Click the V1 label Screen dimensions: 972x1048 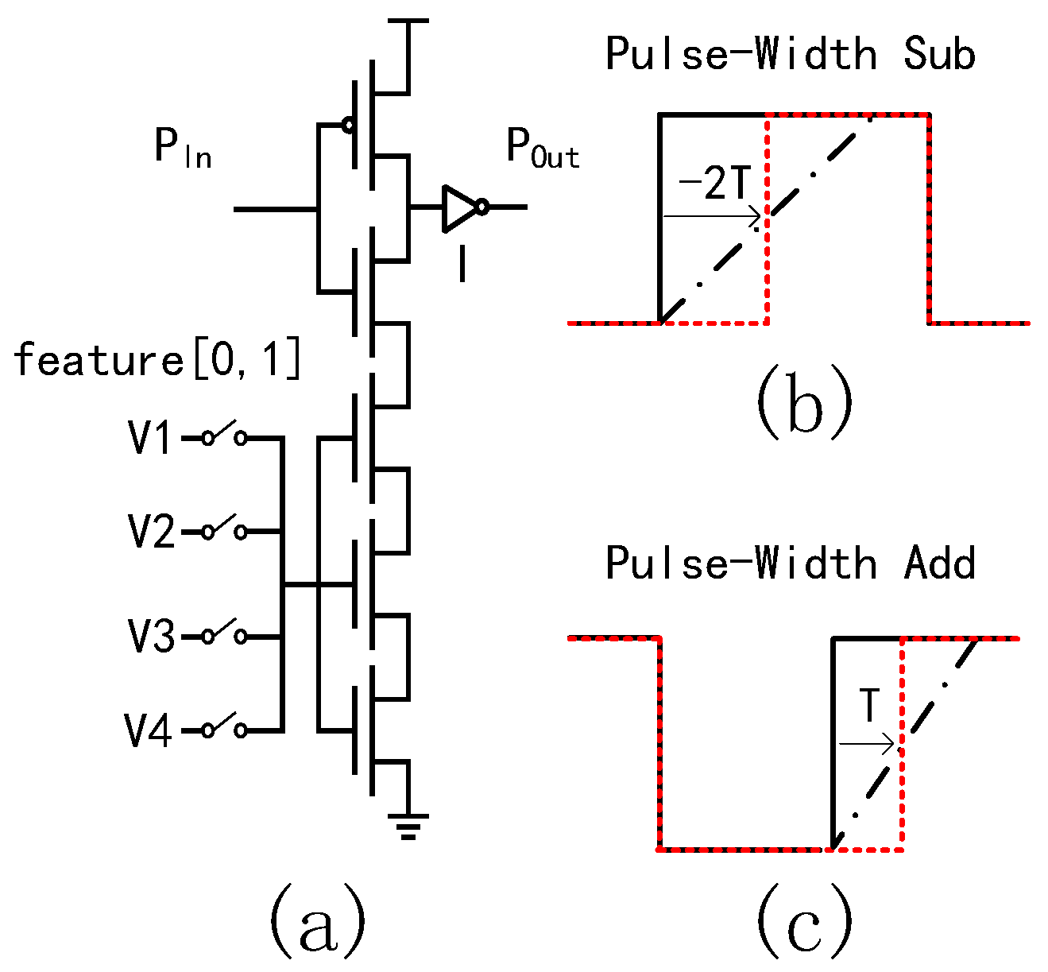tap(150, 438)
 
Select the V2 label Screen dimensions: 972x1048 tap(152, 532)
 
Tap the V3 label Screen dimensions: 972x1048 tap(152, 637)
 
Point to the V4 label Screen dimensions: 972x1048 tap(149, 730)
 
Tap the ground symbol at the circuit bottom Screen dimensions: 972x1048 tap(408, 827)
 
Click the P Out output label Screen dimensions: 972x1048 tap(543, 149)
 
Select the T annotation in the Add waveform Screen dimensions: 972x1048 tap(870, 706)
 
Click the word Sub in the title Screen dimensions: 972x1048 tap(938, 55)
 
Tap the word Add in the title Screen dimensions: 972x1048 tap(938, 563)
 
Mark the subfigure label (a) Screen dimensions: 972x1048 tap(318, 922)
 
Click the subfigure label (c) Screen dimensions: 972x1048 tap(803, 922)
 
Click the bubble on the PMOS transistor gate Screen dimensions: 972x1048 tap(347, 125)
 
